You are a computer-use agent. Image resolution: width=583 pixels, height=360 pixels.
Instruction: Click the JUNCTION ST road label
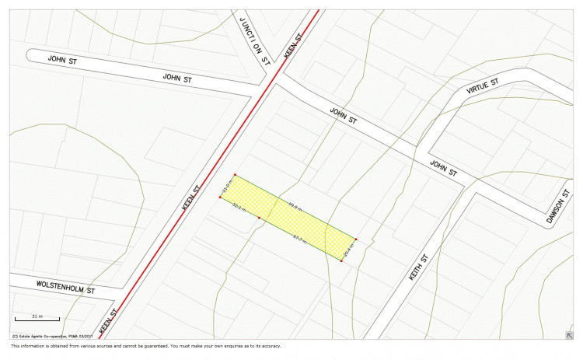[x=254, y=40]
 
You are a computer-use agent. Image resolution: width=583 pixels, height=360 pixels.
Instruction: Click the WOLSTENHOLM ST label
[x=65, y=286]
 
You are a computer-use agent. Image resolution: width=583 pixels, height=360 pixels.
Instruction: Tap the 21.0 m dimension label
[x=226, y=186]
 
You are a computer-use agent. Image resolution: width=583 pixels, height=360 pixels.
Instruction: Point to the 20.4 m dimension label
[x=348, y=250]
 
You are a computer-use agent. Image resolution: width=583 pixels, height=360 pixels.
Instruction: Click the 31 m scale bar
[x=37, y=317]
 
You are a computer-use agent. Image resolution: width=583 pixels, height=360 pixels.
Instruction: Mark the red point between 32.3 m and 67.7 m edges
[x=259, y=218]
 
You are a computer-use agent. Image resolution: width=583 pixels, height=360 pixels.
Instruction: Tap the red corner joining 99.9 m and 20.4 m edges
[x=357, y=239]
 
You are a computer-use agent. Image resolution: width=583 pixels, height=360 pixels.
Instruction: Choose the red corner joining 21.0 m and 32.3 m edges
[x=220, y=197]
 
